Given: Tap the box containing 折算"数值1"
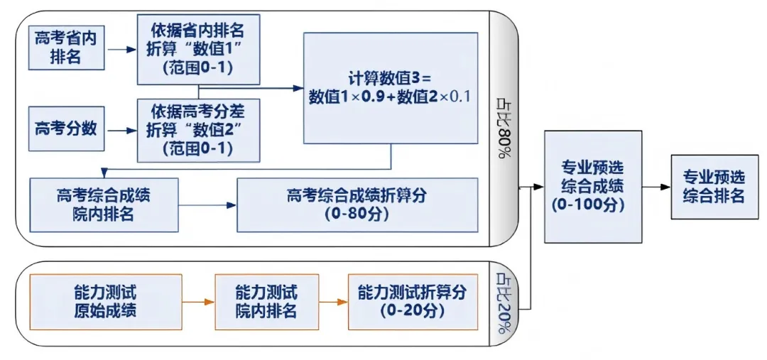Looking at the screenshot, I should point(199,50).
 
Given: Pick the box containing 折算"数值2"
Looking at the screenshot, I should point(199,130).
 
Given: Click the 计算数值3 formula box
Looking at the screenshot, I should point(390,88).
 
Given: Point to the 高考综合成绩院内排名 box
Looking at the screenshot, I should point(104,204).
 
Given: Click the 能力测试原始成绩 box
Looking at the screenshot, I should point(104,302).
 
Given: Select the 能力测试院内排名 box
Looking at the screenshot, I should point(266,302).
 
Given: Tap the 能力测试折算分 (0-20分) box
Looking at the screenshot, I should point(413,302).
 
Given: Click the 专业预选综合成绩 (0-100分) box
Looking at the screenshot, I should point(593,187).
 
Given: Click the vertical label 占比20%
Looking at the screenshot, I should point(504,303).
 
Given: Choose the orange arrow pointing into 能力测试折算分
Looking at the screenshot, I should point(333,302).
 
